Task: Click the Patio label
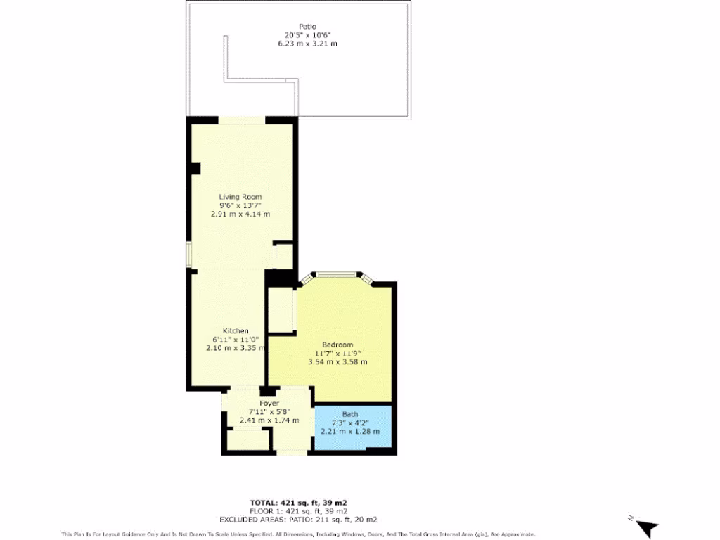307,27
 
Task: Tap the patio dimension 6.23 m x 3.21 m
307,44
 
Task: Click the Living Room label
240,197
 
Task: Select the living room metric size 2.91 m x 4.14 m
240,214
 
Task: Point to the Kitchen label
236,331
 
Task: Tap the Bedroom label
337,345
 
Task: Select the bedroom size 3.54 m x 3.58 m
337,361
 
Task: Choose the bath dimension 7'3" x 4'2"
350,423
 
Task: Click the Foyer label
269,404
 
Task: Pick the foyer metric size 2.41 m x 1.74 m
269,420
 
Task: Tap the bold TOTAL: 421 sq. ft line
298,502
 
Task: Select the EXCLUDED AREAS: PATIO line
298,520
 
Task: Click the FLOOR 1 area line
298,511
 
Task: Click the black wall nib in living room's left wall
195,169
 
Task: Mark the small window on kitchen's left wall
188,255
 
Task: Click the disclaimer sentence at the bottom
298,534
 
